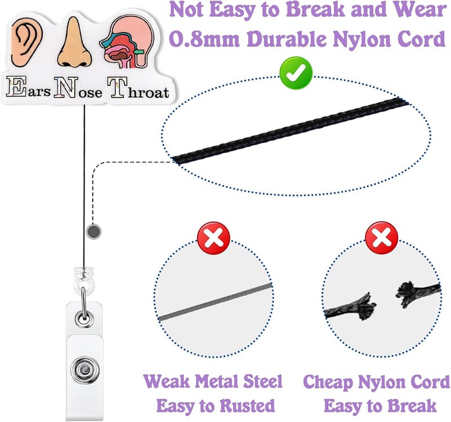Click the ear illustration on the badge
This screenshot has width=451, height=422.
(26, 42)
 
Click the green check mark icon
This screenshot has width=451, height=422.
(296, 73)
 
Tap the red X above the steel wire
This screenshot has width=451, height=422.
(214, 238)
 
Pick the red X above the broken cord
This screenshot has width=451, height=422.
(382, 238)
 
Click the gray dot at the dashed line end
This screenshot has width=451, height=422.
(94, 231)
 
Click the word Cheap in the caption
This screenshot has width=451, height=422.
(328, 383)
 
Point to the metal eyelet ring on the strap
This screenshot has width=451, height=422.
(84, 319)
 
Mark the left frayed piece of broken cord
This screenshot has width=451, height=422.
(350, 308)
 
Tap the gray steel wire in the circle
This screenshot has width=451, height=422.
(215, 301)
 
